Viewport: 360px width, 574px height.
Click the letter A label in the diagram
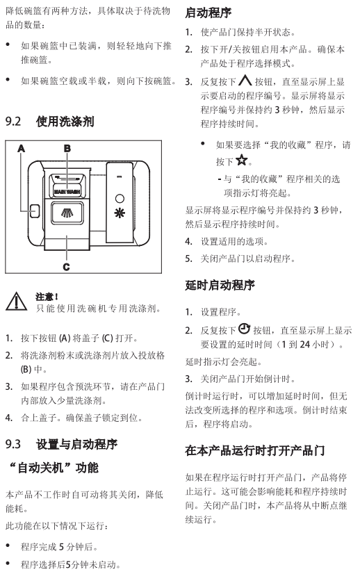(x=22, y=149)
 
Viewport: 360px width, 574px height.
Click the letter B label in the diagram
(x=67, y=148)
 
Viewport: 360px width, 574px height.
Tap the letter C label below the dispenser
(x=66, y=267)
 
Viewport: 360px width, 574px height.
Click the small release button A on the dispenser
(x=35, y=211)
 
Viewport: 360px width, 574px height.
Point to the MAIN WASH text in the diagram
(x=67, y=192)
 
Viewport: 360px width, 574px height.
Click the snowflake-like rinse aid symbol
(x=120, y=213)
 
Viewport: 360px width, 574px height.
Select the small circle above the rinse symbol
(x=120, y=199)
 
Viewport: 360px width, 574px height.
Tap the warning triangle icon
(x=16, y=302)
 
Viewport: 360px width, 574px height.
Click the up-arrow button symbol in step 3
(x=245, y=80)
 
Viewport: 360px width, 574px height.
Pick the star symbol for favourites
(x=241, y=160)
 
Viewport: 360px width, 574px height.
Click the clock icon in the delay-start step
(x=244, y=329)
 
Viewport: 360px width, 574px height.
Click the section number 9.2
(x=13, y=121)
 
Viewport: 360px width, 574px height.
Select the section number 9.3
(x=13, y=444)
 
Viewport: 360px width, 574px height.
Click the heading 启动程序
(x=208, y=13)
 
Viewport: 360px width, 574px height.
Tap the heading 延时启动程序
(x=220, y=285)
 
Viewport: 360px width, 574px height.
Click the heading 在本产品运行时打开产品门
(x=255, y=450)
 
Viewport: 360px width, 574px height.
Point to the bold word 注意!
(x=47, y=297)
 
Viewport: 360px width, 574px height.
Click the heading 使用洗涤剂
(x=65, y=121)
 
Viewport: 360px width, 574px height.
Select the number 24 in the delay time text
(x=304, y=345)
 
